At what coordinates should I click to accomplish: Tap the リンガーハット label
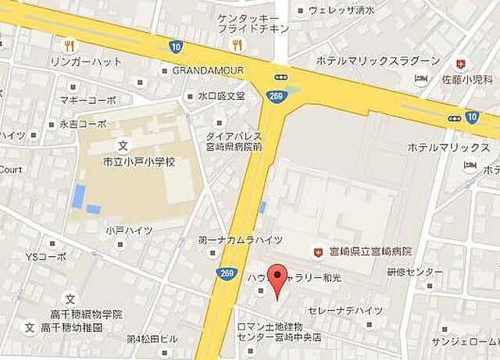coord(86,61)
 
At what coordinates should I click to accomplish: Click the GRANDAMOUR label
coord(208,70)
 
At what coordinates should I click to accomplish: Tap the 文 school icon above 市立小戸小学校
coord(122,145)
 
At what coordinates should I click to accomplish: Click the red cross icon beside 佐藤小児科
coord(462,63)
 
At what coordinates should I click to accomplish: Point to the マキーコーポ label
coord(87,100)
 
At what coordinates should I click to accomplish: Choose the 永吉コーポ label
coord(82,123)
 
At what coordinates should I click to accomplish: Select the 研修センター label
coord(414,272)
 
